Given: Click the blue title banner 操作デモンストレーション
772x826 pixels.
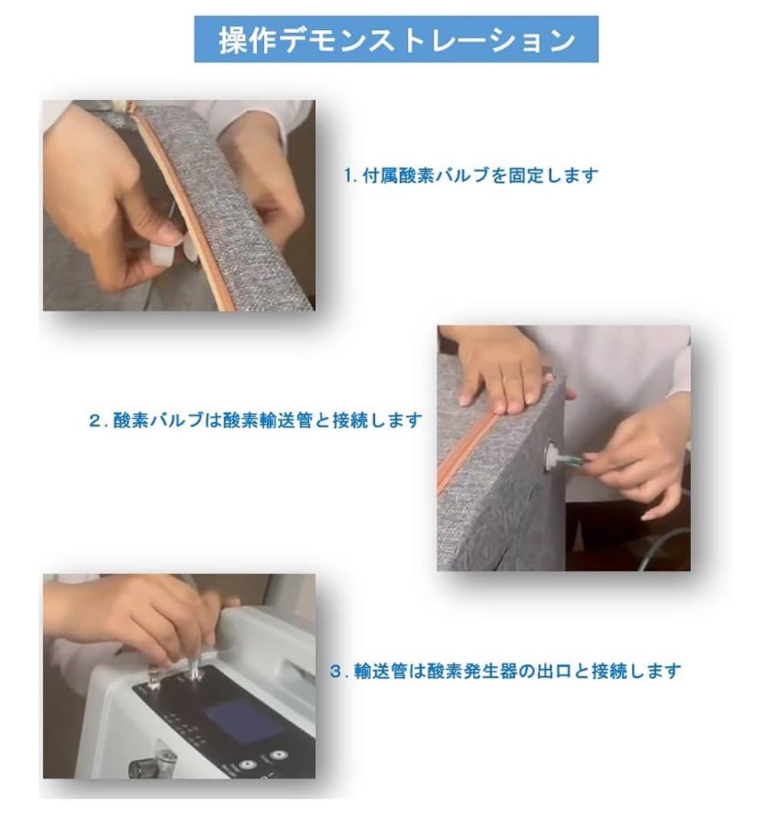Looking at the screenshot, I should click(396, 40).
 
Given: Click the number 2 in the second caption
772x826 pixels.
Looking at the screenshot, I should click(95, 421).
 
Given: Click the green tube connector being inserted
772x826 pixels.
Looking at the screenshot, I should click(572, 460).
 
